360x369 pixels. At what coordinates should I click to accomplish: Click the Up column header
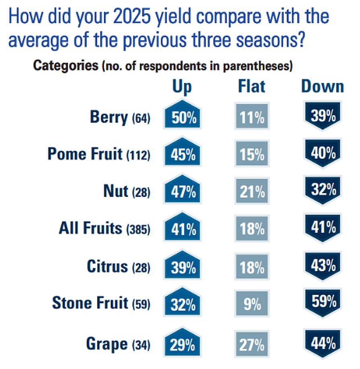(182, 87)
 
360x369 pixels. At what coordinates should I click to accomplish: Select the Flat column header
(252, 86)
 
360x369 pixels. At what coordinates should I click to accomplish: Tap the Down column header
(323, 86)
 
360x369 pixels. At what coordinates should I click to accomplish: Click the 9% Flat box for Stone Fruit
(252, 305)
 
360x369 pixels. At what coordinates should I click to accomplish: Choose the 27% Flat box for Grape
(252, 344)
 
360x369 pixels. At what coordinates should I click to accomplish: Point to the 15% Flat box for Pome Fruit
(252, 155)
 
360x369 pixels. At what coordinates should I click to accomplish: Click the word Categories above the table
(65, 65)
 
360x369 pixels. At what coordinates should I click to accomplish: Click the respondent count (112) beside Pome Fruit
(138, 155)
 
